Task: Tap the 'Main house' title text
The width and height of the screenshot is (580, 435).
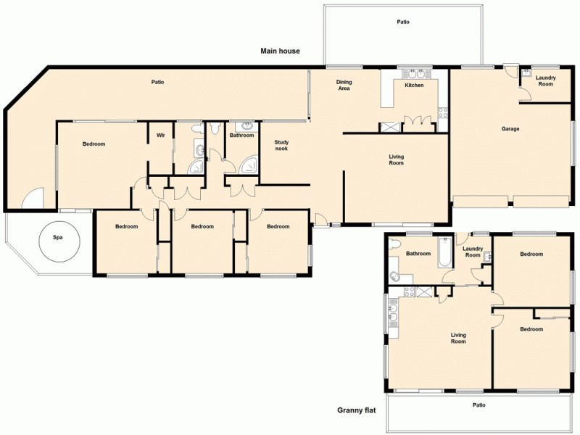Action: tap(281, 51)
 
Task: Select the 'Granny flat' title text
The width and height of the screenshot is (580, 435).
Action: tap(356, 410)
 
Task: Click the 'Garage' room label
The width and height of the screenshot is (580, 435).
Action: tap(510, 129)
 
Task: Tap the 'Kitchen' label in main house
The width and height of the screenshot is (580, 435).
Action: tap(414, 86)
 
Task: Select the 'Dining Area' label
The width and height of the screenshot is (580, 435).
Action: tap(344, 86)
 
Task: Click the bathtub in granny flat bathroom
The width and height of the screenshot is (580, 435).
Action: tap(442, 254)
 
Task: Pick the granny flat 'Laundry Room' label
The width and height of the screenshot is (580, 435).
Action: tap(473, 252)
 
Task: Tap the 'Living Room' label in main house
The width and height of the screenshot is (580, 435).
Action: tap(396, 159)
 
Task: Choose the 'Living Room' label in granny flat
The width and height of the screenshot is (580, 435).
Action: tap(458, 338)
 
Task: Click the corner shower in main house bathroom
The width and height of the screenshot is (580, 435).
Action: tap(250, 165)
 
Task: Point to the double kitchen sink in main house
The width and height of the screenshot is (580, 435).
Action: tap(415, 74)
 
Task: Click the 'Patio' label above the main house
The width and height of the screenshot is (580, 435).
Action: tap(403, 22)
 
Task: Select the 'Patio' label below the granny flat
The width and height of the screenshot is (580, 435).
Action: tap(478, 405)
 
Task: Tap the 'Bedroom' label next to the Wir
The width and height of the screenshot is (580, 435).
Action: tap(94, 144)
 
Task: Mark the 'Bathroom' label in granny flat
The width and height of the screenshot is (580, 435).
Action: tap(418, 254)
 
